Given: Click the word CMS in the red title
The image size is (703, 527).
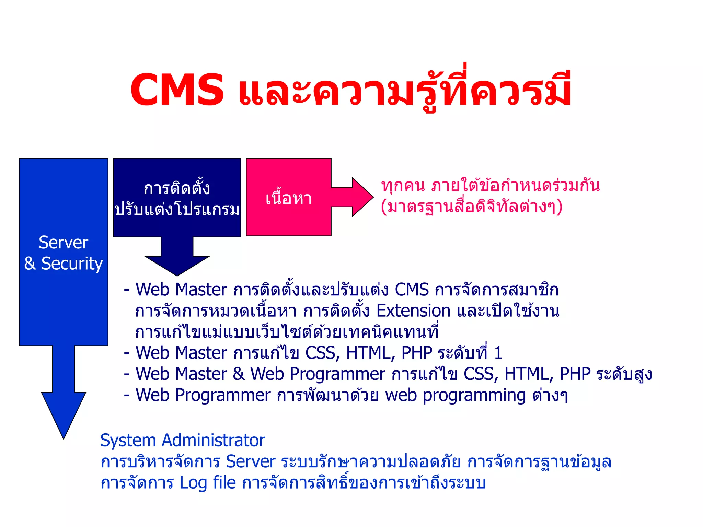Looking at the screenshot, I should coord(177,90).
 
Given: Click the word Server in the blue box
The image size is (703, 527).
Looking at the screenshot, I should coord(64,242).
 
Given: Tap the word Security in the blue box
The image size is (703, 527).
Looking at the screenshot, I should coord(72,263).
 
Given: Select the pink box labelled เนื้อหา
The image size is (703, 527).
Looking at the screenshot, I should coord(288,198).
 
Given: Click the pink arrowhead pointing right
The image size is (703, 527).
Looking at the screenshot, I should coord(362,197).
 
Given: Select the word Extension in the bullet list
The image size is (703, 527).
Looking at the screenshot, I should coord(413,311).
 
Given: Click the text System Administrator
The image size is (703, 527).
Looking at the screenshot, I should coord(182,440).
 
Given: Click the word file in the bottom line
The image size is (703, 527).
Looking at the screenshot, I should coord(224,482).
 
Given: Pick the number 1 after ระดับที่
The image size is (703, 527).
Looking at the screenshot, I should coord(498,353).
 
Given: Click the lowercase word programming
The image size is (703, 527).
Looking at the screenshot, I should coord(474,396).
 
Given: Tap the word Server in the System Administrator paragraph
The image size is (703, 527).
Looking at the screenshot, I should coord(251,461).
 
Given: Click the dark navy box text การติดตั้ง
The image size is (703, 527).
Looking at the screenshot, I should coord(176,188).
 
